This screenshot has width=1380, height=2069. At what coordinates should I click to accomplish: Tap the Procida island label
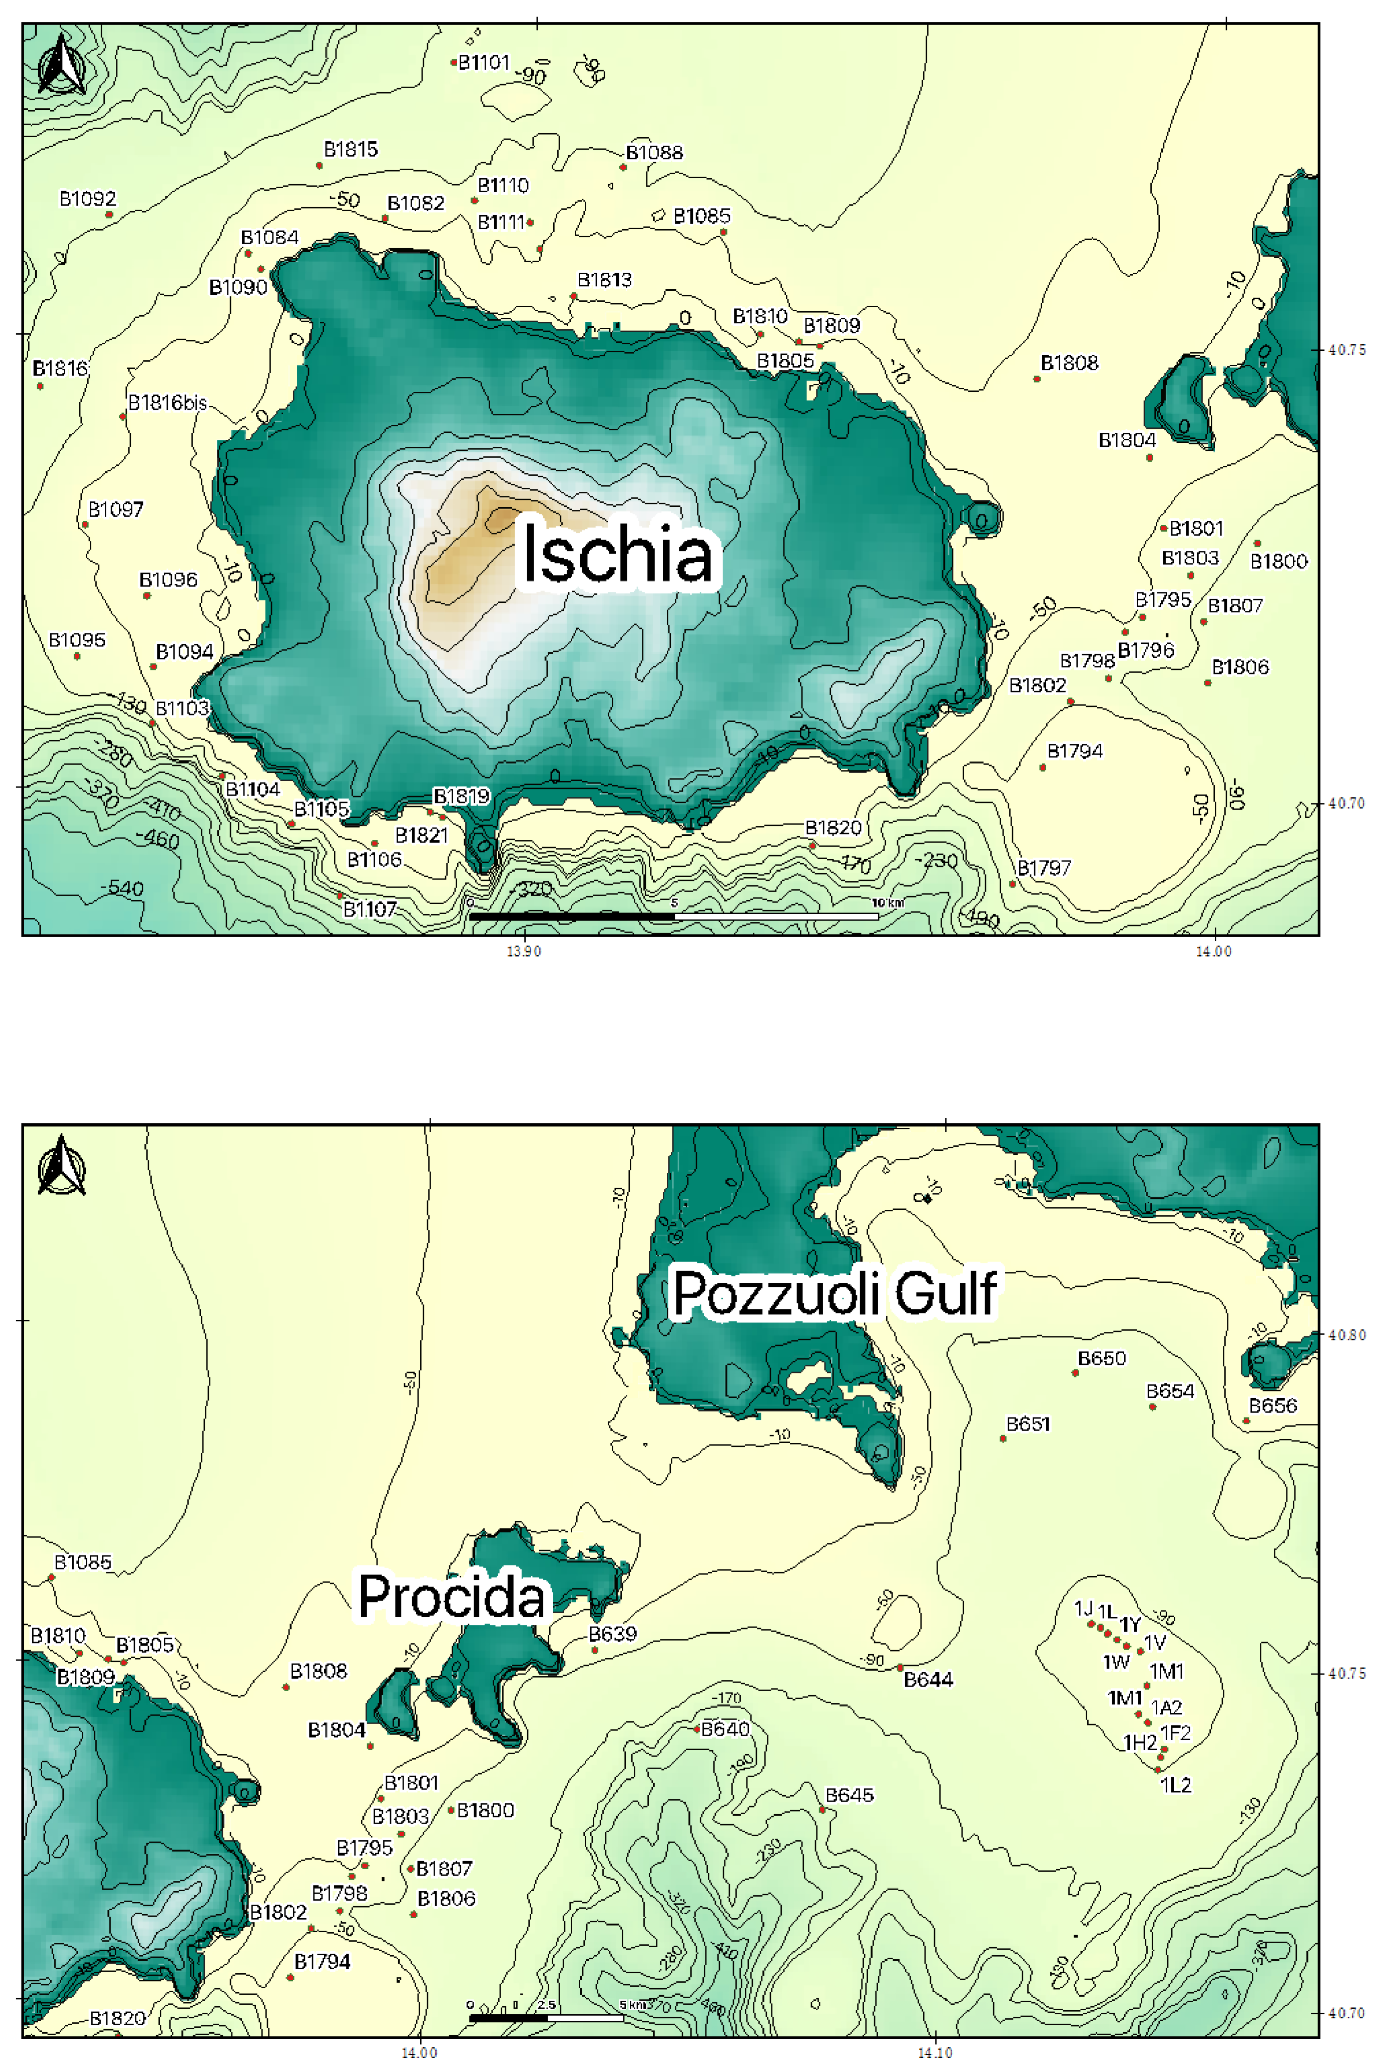click(x=452, y=1595)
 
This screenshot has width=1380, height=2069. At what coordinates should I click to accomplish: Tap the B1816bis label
click(x=167, y=403)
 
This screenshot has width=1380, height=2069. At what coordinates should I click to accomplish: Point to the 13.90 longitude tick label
click(x=524, y=951)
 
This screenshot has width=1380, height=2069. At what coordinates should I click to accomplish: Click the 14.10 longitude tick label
click(x=935, y=2053)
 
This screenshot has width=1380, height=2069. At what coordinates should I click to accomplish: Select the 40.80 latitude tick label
click(x=1347, y=1335)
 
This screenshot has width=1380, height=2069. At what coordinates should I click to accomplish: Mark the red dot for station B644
click(x=899, y=1667)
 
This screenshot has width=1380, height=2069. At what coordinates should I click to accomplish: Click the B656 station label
click(x=1273, y=1405)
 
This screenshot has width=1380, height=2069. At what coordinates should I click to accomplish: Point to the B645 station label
click(x=849, y=1794)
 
